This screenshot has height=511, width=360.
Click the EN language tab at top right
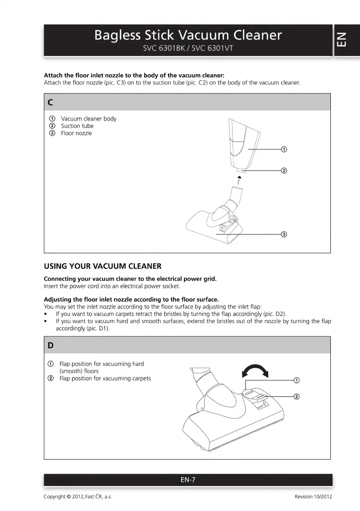point(346,40)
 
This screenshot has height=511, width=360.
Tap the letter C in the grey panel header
point(51,103)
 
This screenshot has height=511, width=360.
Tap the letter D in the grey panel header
point(51,345)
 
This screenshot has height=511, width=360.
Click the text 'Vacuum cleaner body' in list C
point(88,119)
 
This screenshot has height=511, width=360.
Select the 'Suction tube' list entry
point(77,126)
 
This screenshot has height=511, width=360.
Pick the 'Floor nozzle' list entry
point(76,133)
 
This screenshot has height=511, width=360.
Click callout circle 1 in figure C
point(284,149)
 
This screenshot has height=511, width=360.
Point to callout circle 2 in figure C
point(284,171)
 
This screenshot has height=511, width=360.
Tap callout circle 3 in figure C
point(284,234)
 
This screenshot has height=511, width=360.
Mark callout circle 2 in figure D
point(296,396)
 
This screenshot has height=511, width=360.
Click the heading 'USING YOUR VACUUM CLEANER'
point(103,266)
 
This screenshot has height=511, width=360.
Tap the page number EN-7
point(188,480)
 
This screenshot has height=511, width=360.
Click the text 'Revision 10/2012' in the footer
point(313,497)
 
